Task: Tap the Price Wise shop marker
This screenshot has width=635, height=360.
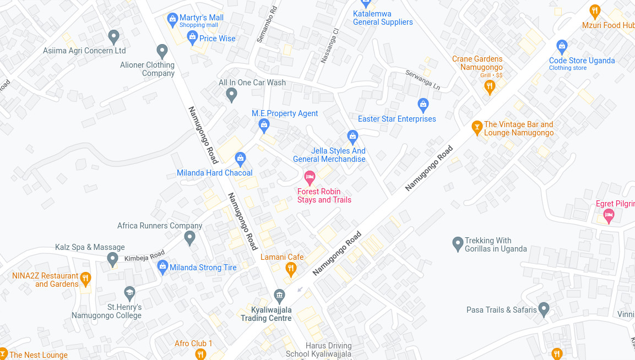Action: (x=192, y=37)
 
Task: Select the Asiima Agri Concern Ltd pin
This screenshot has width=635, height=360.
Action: (x=113, y=36)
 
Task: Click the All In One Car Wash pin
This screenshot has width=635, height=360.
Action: (x=232, y=94)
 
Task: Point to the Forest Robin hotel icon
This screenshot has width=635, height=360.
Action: (x=310, y=177)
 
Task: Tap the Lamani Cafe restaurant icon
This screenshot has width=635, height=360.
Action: (x=291, y=269)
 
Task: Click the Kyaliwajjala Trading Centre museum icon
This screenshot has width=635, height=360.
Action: (x=279, y=295)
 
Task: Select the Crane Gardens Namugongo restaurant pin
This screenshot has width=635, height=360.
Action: (x=490, y=86)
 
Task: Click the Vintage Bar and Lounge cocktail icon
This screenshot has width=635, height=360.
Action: (x=477, y=127)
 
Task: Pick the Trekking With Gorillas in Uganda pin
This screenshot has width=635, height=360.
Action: (x=457, y=243)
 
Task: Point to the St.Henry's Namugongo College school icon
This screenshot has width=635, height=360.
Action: (x=129, y=292)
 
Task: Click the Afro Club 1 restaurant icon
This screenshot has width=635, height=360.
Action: (x=200, y=354)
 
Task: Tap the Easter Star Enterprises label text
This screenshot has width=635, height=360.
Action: (x=397, y=119)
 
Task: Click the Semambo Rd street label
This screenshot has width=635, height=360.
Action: (x=265, y=25)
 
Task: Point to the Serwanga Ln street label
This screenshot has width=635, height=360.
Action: (x=423, y=80)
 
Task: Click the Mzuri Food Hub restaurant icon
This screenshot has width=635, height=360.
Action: (x=594, y=10)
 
